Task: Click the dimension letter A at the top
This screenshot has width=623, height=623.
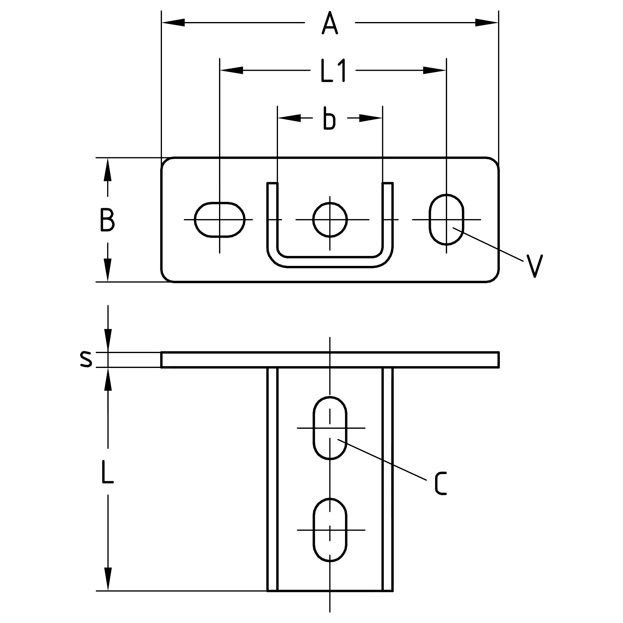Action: click(329, 23)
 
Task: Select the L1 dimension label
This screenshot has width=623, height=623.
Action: click(333, 70)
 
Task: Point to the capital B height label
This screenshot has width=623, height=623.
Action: click(107, 220)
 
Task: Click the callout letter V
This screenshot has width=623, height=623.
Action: click(534, 266)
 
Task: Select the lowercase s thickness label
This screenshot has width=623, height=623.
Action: click(86, 360)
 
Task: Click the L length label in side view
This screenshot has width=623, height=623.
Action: click(107, 472)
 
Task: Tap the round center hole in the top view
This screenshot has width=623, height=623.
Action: click(329, 220)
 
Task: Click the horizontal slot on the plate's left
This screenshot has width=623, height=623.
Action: click(220, 220)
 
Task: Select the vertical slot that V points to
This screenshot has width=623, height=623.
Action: click(446, 220)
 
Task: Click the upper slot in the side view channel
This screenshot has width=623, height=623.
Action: click(329, 428)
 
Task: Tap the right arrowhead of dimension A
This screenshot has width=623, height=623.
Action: click(486, 23)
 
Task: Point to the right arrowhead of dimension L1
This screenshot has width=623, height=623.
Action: click(434, 70)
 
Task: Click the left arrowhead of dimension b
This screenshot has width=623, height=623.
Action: click(289, 118)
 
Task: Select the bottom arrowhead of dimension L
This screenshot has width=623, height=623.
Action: click(108, 579)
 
